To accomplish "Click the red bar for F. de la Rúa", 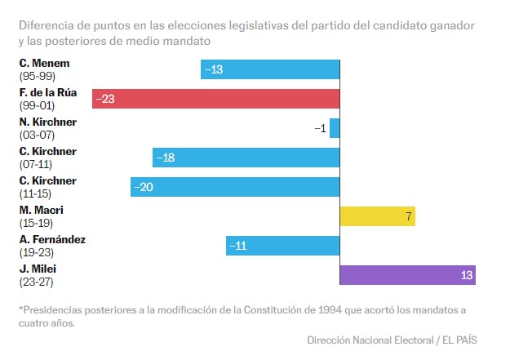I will coord(215,99).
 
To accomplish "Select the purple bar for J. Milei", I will coord(407,275).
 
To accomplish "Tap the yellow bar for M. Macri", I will coord(377,216).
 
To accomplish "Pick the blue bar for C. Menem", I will coord(270,69).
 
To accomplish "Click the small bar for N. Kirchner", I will coord(335,128).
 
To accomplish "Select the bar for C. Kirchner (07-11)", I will coord(246,158).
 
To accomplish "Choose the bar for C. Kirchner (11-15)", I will coord(235,187).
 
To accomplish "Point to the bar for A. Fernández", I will coord(282,246).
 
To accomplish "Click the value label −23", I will coord(104,99).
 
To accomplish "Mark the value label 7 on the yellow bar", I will coord(408,216).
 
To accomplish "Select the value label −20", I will coord(144,187).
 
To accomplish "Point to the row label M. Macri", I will coord(41,211).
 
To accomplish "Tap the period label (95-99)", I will coord(36,75).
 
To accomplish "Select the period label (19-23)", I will coord(36,251).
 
